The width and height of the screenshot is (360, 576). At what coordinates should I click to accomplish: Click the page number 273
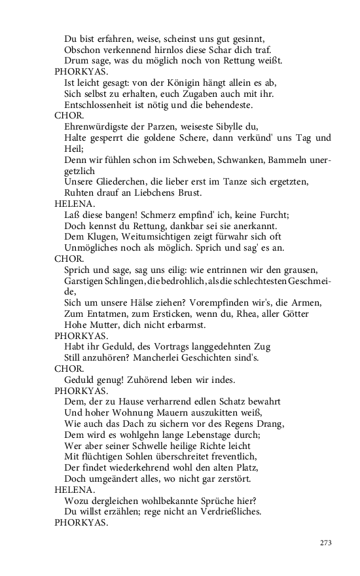pos(327,543)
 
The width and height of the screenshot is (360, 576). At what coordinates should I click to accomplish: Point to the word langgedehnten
pos(217,346)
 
